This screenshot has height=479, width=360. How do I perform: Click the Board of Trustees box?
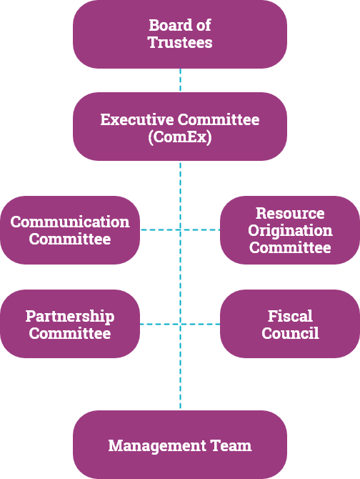pyautogui.click(x=180, y=34)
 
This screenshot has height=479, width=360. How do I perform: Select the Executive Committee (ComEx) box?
pyautogui.click(x=180, y=127)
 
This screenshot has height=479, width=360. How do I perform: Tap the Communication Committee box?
pyautogui.click(x=70, y=230)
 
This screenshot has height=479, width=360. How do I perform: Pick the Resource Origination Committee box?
pyautogui.click(x=290, y=230)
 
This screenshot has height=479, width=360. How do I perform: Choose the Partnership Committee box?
pyautogui.click(x=70, y=324)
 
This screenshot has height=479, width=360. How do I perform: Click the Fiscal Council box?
pyautogui.click(x=290, y=324)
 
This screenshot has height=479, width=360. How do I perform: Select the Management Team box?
pyautogui.click(x=180, y=445)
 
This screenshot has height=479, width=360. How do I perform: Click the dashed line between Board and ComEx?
pyautogui.click(x=180, y=80)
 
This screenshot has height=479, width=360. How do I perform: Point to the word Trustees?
pyautogui.click(x=180, y=42)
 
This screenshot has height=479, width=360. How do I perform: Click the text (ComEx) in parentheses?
pyautogui.click(x=180, y=137)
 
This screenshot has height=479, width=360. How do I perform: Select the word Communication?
pyautogui.click(x=70, y=222)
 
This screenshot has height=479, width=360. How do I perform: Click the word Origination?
pyautogui.click(x=290, y=231)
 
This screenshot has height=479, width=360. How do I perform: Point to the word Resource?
pyautogui.click(x=290, y=213)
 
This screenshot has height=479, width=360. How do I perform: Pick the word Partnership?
pyautogui.click(x=70, y=316)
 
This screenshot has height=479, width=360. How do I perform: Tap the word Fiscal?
pyautogui.click(x=290, y=316)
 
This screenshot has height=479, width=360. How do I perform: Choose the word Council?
pyautogui.click(x=290, y=333)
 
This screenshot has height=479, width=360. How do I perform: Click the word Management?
pyautogui.click(x=157, y=446)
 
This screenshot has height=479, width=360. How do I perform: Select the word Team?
pyautogui.click(x=231, y=445)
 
